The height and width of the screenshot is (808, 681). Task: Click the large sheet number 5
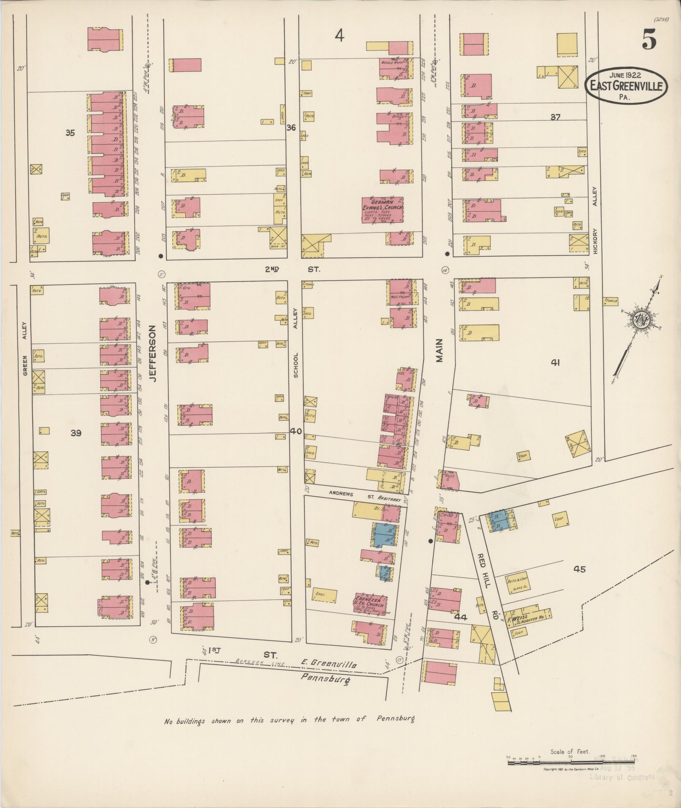point(649,41)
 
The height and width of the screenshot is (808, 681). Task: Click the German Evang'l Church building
point(383,209)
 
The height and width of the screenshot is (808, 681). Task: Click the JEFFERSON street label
point(152,354)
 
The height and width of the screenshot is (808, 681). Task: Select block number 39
point(76,433)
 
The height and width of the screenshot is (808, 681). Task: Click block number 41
point(555,362)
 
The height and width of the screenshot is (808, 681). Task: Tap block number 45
point(580,569)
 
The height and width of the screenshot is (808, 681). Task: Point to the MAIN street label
point(439,350)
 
